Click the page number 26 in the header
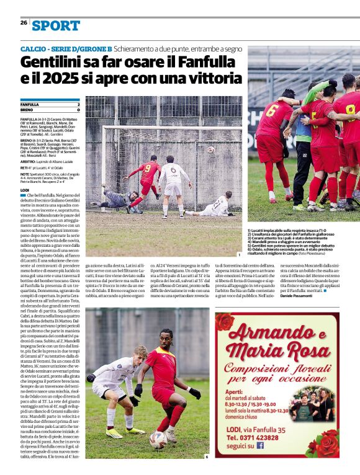pos(24,22)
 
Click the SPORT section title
pos(56,25)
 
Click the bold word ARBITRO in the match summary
pos(29,159)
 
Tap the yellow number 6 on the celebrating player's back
pos(272,112)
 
